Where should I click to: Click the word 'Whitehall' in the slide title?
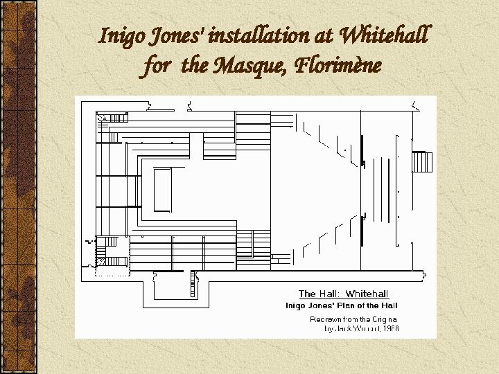click(386, 34)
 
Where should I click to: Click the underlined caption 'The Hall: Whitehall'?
click(343, 294)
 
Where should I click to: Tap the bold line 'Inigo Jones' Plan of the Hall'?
click(342, 305)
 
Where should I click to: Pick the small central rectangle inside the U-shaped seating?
click(162, 189)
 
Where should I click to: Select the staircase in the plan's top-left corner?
click(107, 118)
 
